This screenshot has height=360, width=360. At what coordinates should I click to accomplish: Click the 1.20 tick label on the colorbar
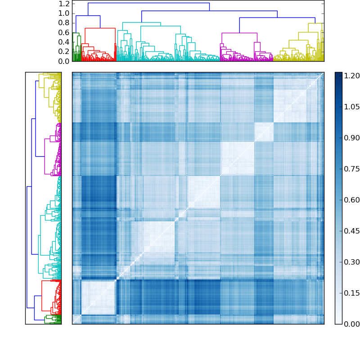coord(351,76)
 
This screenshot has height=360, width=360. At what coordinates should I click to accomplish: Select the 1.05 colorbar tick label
coord(351,107)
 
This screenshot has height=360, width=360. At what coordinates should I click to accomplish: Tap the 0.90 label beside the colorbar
coord(351,138)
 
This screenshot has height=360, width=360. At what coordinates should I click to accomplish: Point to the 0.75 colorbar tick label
coord(351,169)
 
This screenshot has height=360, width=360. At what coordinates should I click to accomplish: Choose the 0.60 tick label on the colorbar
coord(351,200)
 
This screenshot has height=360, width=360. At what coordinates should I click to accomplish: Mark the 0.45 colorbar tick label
coord(351,231)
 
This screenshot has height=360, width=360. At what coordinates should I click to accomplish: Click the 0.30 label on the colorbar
coord(351,262)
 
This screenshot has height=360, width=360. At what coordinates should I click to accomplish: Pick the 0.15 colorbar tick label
coord(351,293)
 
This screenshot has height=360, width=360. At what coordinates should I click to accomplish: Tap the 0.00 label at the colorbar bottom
coord(351,324)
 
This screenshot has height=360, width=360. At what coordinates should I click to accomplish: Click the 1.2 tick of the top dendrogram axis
coord(64,4)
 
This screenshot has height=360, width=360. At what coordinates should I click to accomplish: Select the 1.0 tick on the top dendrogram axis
coord(64,13)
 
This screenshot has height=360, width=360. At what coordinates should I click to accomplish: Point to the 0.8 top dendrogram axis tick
coord(64,23)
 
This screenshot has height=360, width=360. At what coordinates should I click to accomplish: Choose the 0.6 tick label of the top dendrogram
coord(64,32)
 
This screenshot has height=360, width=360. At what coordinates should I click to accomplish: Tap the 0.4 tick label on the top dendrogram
coord(64,42)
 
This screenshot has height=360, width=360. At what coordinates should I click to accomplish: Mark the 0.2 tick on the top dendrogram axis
coord(64,51)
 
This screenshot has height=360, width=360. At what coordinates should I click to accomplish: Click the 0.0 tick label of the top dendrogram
coord(64,61)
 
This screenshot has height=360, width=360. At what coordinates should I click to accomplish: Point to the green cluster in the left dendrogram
coord(53,319)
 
